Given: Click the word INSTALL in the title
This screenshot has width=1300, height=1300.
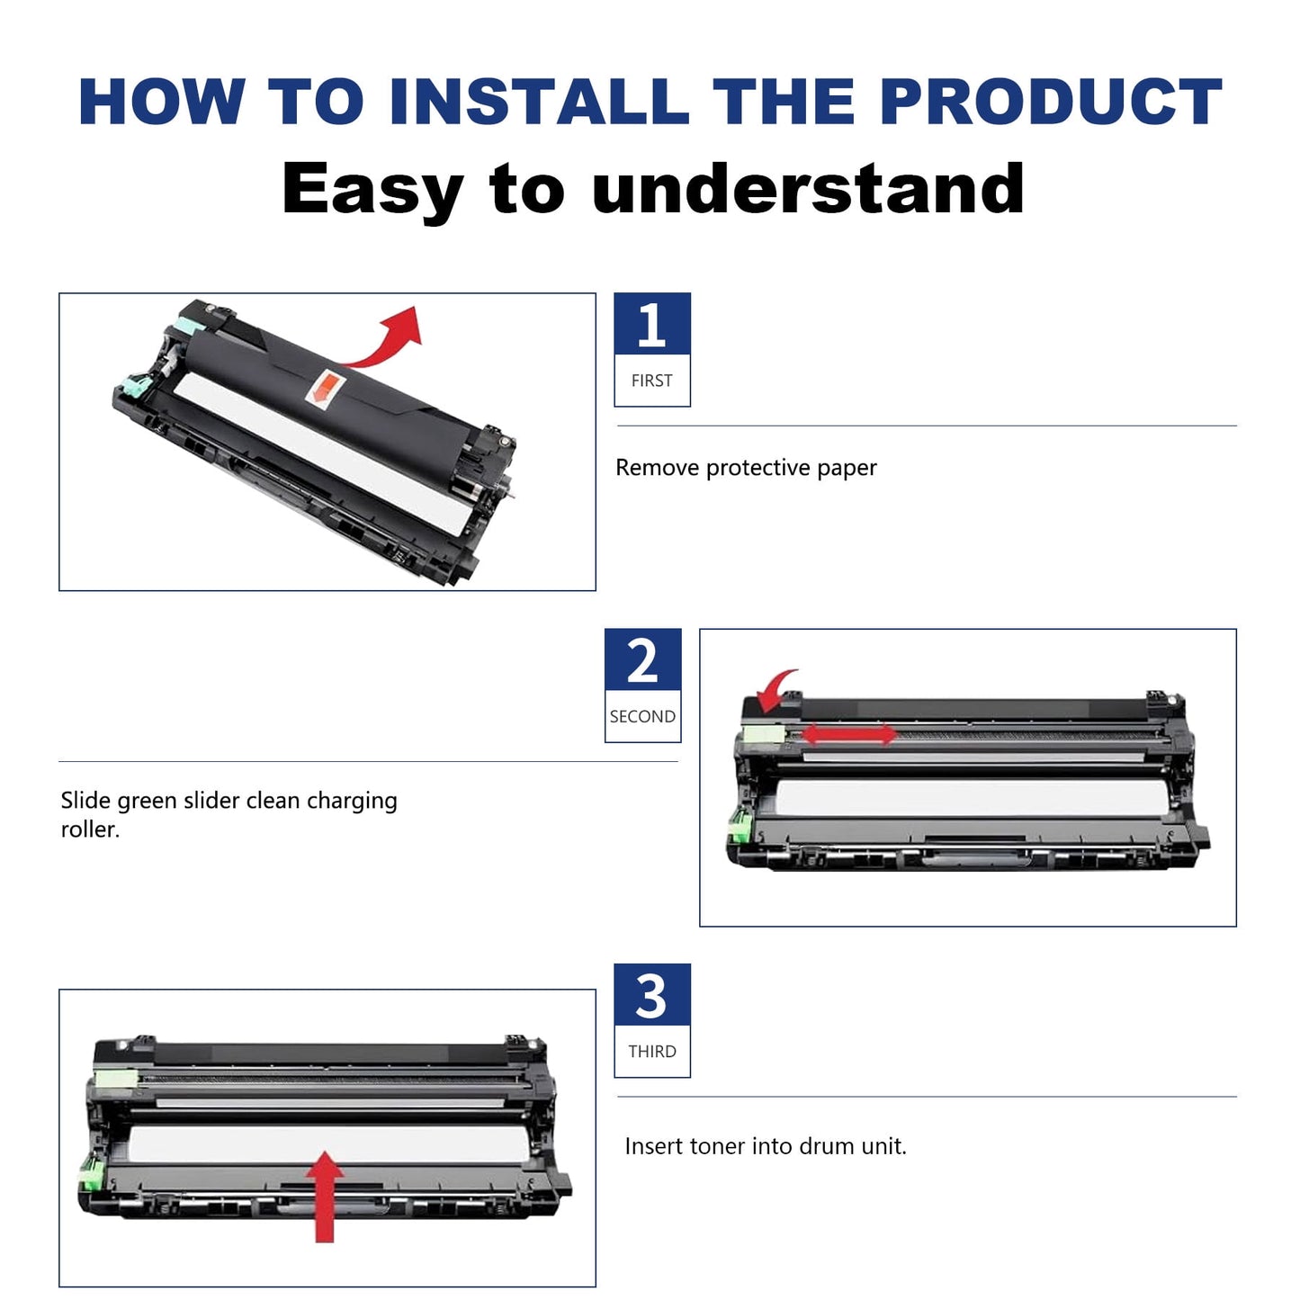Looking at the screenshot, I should tap(538, 102).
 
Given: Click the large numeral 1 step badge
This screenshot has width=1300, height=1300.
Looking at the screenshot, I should tap(651, 325).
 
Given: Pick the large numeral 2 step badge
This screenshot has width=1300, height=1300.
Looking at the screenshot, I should tap(642, 661).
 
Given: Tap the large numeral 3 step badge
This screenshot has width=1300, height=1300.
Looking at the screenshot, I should tap(651, 996).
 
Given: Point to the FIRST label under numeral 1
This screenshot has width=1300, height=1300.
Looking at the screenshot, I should tap(651, 381).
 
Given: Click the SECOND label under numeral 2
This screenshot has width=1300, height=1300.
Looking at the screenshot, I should tap(642, 716).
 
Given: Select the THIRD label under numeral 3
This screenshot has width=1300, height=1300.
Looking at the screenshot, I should tap(651, 1052).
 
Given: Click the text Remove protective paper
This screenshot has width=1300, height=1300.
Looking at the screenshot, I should tap(746, 468).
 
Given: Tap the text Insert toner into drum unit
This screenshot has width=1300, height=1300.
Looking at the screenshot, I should tap(766, 1146).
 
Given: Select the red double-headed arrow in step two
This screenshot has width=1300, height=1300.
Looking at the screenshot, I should tap(848, 734).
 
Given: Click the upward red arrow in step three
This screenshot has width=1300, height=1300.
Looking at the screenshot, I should tap(325, 1197).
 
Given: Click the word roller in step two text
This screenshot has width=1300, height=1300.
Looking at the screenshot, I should tap(88, 829).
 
